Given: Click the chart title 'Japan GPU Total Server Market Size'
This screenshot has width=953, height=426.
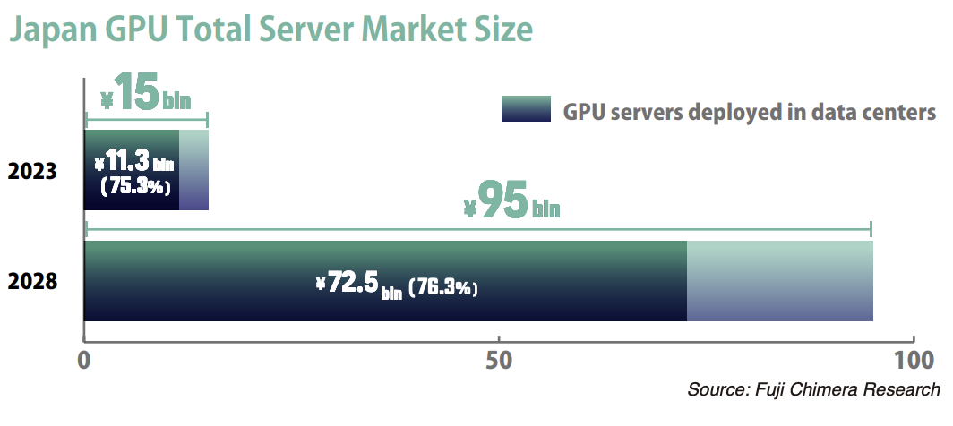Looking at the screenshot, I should pyautogui.click(x=271, y=30).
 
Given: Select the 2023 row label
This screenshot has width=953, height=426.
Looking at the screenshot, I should pyautogui.click(x=33, y=171).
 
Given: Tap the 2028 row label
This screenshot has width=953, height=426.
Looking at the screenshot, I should pyautogui.click(x=33, y=282).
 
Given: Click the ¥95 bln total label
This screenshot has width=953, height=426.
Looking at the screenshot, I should pyautogui.click(x=511, y=202).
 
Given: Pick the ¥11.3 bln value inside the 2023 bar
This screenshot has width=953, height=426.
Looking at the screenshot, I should pyautogui.click(x=133, y=163).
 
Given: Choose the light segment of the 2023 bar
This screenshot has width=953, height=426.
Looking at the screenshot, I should pyautogui.click(x=193, y=170).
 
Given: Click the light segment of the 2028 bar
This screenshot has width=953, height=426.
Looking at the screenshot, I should pyautogui.click(x=779, y=281).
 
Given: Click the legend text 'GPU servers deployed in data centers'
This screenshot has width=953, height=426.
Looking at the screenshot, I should pyautogui.click(x=749, y=114).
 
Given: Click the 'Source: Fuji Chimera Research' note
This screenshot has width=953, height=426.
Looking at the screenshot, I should pyautogui.click(x=813, y=390).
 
